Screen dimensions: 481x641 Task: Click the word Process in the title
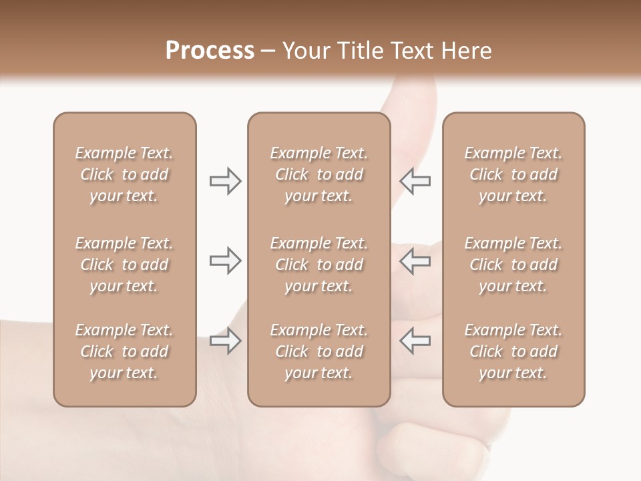coord(210,51)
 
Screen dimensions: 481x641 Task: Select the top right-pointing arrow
coord(225,181)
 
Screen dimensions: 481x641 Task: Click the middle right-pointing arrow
coord(225,261)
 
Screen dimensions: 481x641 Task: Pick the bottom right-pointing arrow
coord(225,341)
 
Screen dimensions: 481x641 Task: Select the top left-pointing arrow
coord(415,181)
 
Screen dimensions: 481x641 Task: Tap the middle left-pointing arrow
coord(415,261)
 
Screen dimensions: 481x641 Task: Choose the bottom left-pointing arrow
coord(415,341)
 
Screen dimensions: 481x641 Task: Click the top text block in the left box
coord(124,174)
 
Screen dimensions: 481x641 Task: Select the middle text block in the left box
coord(124,265)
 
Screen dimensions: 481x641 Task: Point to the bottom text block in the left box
coord(124,351)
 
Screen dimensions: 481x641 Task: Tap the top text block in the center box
coord(318,174)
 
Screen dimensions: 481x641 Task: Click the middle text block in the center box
coord(318,265)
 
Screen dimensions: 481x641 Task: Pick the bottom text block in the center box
coord(318,351)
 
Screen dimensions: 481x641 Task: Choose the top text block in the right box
coord(513,174)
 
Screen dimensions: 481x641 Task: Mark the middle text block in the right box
coord(513,265)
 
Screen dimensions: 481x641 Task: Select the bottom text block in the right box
coord(513,351)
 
